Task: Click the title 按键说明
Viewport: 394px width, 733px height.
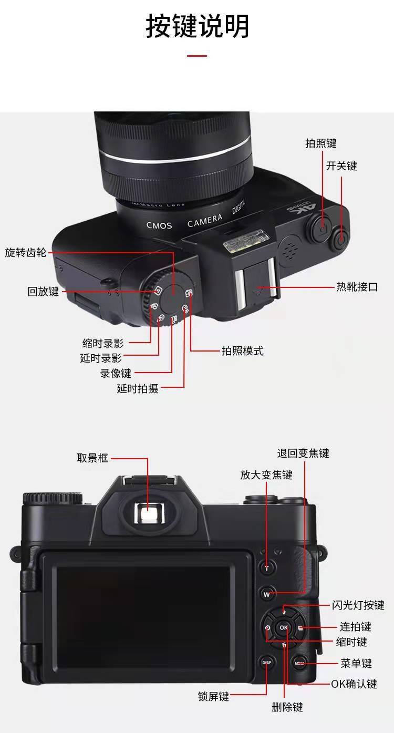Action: click(x=197, y=26)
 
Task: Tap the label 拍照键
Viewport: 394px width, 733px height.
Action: click(x=320, y=143)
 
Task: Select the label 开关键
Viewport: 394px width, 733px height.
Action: click(x=341, y=166)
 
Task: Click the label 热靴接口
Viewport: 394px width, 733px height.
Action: click(x=357, y=287)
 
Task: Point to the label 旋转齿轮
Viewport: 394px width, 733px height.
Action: click(x=25, y=252)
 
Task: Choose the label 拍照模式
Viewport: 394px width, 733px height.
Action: click(x=242, y=351)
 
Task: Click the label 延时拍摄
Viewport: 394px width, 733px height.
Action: click(x=137, y=389)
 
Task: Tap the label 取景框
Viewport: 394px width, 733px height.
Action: click(x=92, y=458)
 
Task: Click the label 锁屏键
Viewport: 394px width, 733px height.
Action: click(x=213, y=697)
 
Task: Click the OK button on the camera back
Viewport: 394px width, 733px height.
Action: click(x=284, y=627)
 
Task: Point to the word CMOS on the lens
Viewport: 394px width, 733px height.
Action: click(x=159, y=225)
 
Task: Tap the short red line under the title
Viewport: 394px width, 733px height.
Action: click(x=197, y=55)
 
